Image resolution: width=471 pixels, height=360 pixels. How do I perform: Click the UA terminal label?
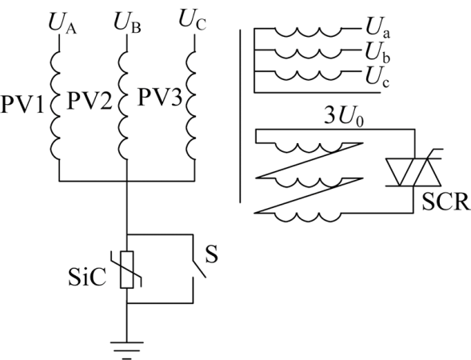pos(62,24)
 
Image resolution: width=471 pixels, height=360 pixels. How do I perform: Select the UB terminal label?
pos(127,23)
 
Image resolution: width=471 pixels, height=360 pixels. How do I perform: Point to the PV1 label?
pos(22,105)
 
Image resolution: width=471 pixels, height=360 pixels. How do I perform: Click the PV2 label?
pos(90,100)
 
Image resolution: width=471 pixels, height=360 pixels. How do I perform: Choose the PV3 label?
pos(160,97)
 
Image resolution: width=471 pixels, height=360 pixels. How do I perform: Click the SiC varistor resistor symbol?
pos(126,270)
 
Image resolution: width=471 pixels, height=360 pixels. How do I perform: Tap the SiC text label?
pos(87,277)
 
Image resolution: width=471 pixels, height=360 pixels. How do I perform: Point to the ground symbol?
pos(127,350)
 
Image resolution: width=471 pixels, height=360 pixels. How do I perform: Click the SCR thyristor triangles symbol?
pos(413,172)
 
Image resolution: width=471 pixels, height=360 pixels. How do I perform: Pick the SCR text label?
pos(445,202)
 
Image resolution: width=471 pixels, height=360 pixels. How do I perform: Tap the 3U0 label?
pos(344,117)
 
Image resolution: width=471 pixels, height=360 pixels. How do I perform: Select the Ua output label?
pos(377,28)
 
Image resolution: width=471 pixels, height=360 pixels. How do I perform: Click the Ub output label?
pos(377,52)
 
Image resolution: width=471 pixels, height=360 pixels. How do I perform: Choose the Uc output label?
pos(377,76)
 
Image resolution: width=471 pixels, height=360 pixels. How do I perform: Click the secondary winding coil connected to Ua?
pos(308,33)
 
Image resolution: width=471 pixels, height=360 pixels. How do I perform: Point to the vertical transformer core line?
pos(240,116)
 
